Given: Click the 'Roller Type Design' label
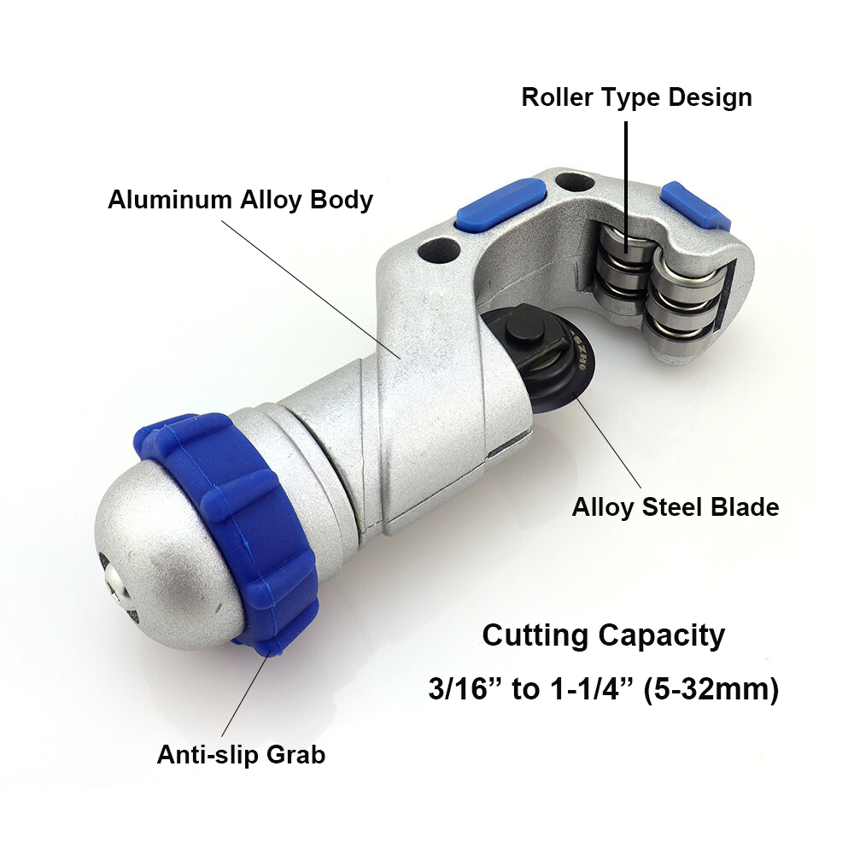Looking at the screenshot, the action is click(637, 98).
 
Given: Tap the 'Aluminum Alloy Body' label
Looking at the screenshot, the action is click(240, 200).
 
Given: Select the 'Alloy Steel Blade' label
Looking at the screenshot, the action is click(676, 507).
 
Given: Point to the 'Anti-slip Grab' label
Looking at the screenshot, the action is click(242, 754).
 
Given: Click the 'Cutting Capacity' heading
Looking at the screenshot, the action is click(604, 635).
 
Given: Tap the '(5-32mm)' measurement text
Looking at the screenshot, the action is click(711, 689).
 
